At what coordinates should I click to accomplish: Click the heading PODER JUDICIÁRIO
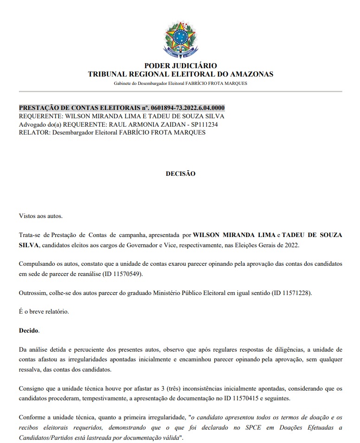click(180, 66)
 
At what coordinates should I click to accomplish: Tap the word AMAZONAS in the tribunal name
click(250, 74)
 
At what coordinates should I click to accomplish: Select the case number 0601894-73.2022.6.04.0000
click(181, 109)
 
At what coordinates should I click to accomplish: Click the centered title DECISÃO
click(180, 173)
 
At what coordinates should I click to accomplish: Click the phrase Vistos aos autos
click(40, 216)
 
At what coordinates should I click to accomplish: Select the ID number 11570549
click(127, 274)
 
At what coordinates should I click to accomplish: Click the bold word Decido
click(29, 331)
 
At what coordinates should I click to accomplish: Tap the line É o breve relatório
click(44, 312)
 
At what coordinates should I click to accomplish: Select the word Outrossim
click(32, 293)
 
